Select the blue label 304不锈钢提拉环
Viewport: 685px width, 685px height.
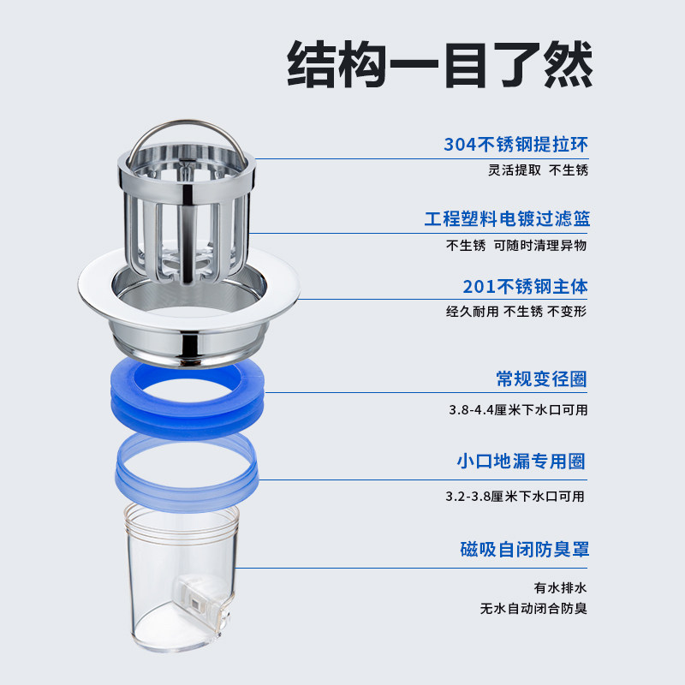pyautogui.click(x=516, y=144)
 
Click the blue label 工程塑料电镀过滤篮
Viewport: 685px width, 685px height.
pyautogui.click(x=507, y=219)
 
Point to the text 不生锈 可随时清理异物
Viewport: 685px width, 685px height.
pyautogui.click(x=516, y=245)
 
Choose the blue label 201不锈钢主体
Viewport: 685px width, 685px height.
pyautogui.click(x=525, y=286)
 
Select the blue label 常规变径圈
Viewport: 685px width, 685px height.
pyautogui.click(x=541, y=378)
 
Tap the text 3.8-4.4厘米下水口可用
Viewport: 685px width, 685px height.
pyautogui.click(x=518, y=409)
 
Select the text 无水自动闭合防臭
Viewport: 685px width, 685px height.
pyautogui.click(x=533, y=610)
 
